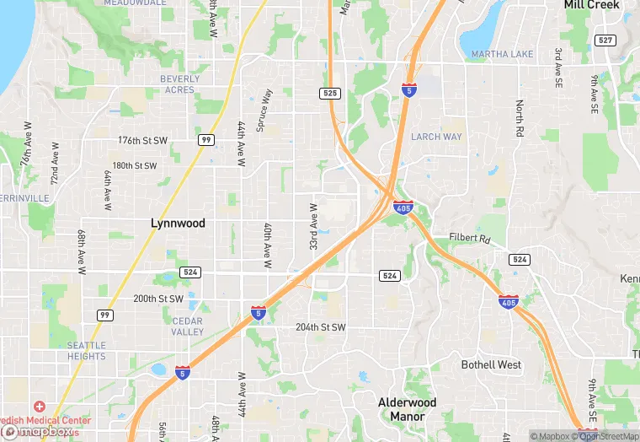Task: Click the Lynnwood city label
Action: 178,224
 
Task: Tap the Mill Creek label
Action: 592,5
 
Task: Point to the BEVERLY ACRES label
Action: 179,84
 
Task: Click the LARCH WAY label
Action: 436,137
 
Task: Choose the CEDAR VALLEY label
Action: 187,326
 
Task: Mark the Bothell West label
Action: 491,365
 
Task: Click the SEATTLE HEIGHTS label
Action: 87,351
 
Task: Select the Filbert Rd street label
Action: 469,239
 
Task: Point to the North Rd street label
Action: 520,121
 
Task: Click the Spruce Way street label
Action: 266,111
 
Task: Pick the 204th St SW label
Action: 320,327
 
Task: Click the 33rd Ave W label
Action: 313,226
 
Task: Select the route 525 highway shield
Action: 331,94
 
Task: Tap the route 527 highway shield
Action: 604,40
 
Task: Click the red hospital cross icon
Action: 40,406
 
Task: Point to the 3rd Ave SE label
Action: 557,67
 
